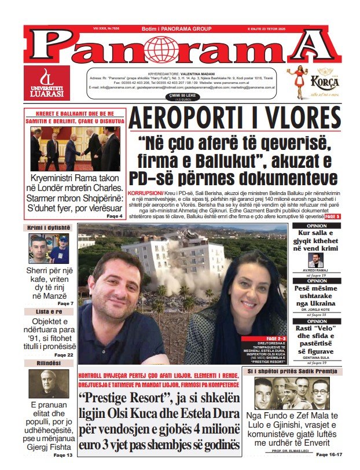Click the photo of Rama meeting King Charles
tap(75, 148)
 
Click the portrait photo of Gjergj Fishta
tap(49, 384)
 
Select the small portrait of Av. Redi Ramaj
tap(316, 260)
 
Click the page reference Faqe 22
tap(64, 354)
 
